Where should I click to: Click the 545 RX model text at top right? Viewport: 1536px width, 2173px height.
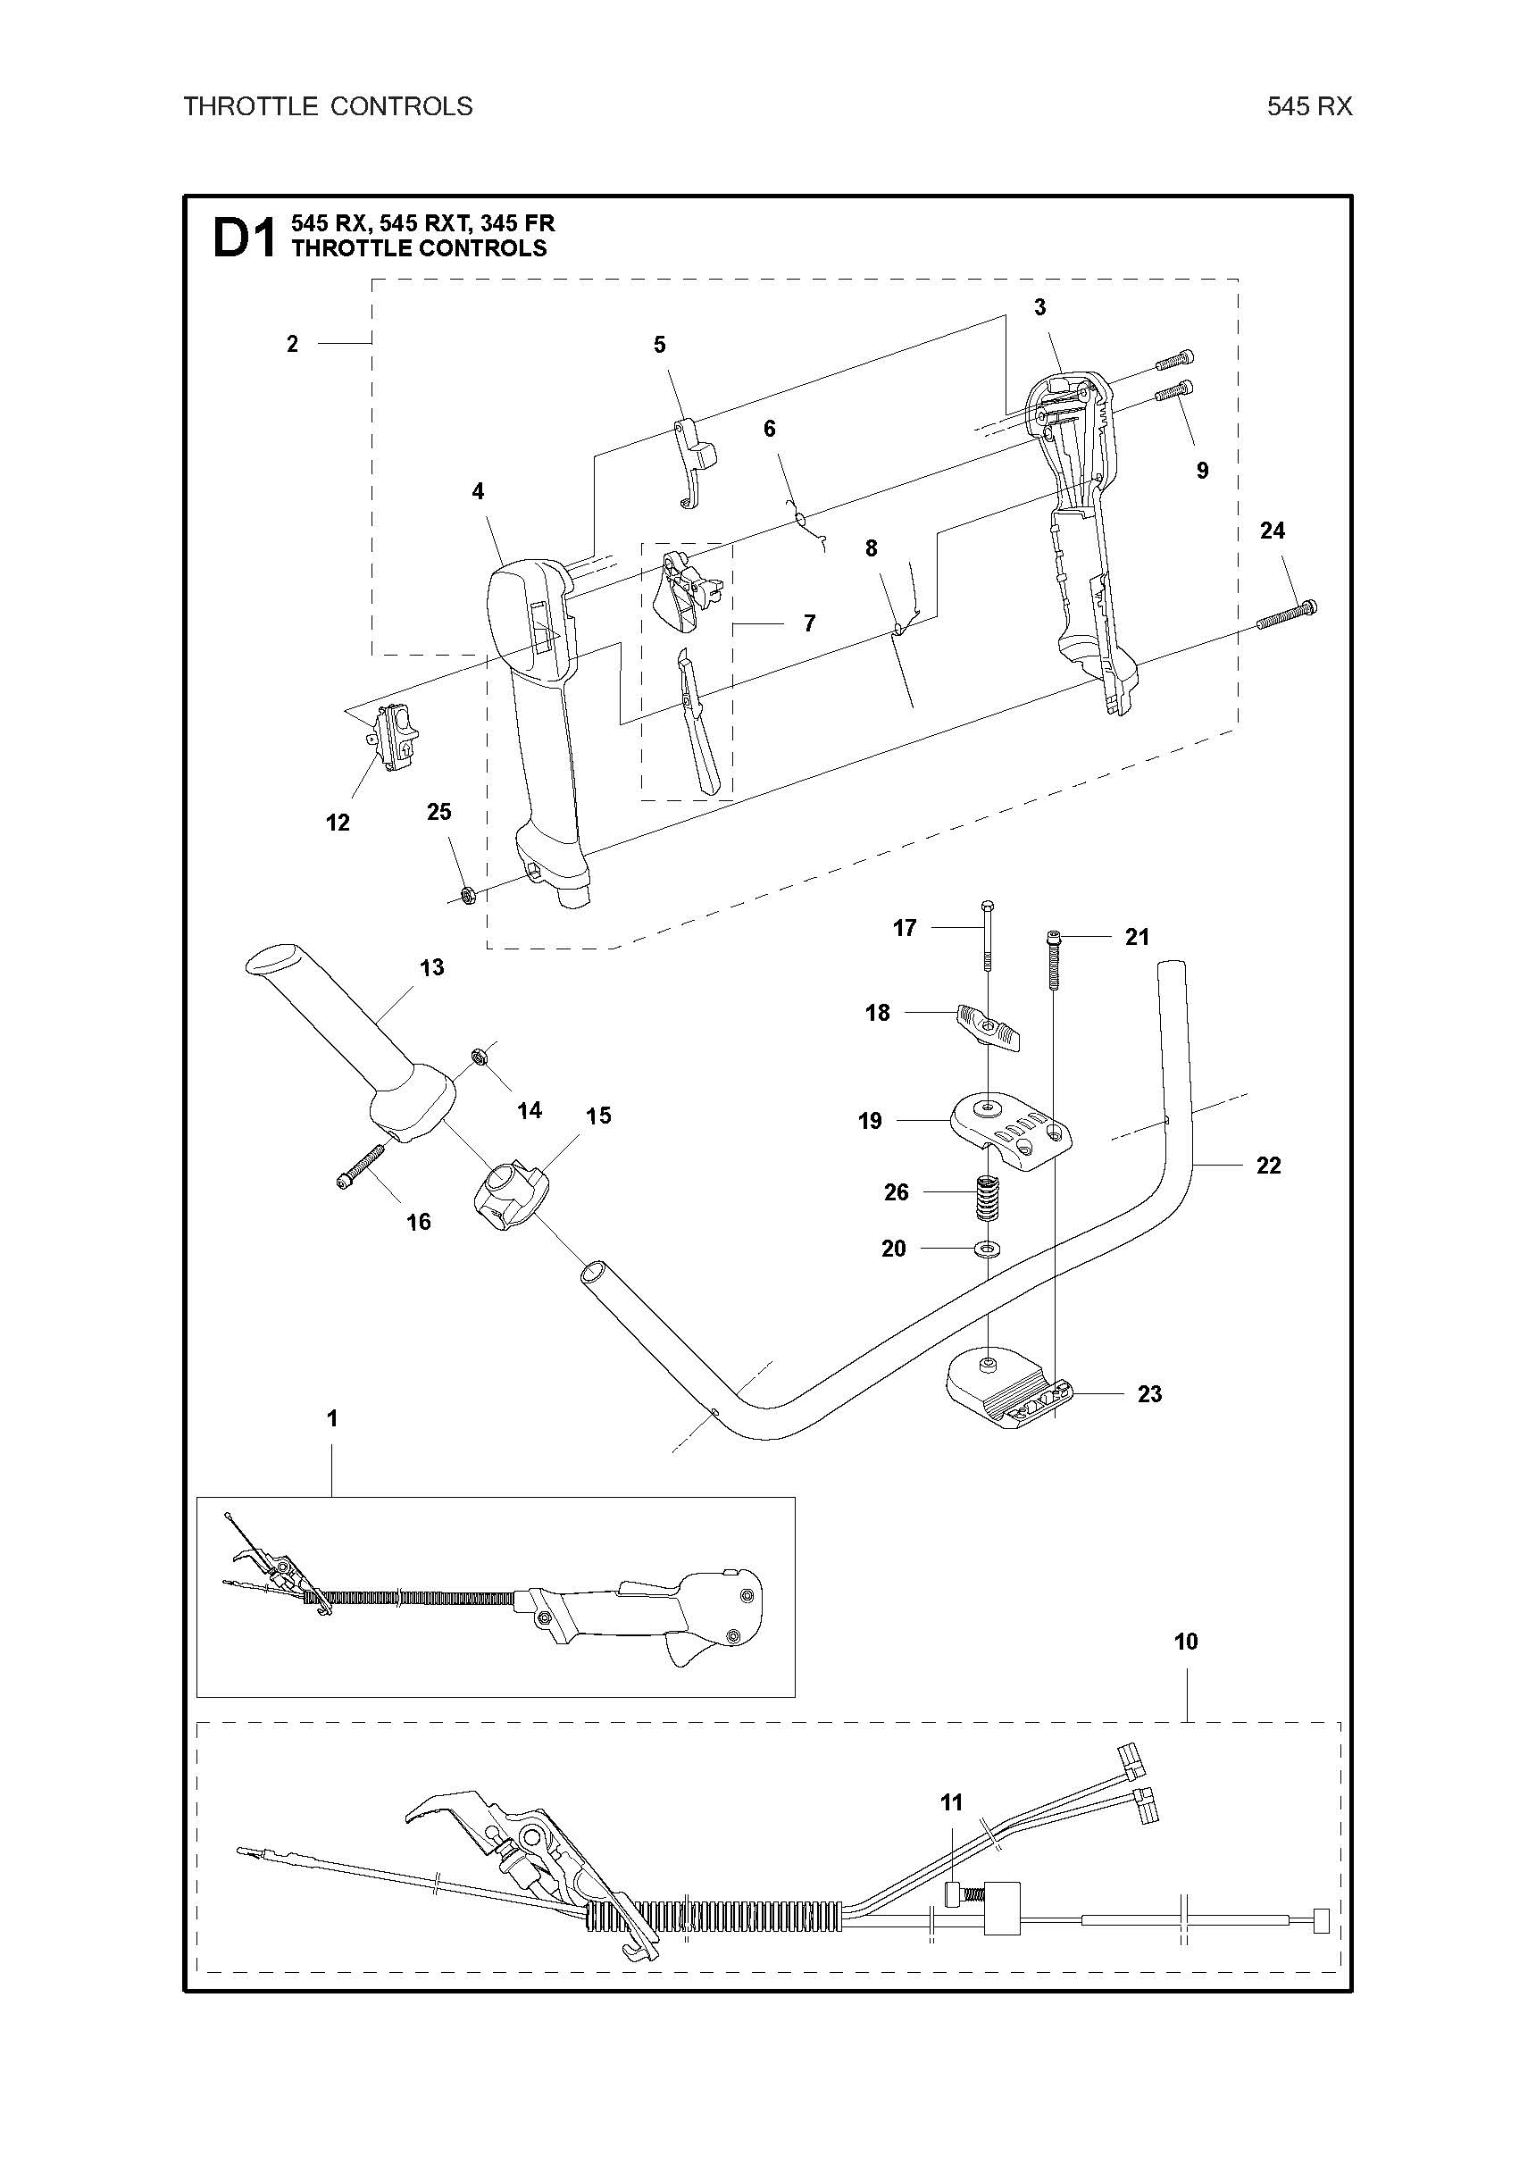point(1310,107)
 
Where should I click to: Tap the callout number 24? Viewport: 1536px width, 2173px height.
point(1272,530)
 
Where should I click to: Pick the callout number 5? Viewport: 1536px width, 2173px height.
point(660,345)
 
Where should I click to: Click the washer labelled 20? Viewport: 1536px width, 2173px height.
point(988,1249)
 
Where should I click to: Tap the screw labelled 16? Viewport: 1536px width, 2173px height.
point(362,1165)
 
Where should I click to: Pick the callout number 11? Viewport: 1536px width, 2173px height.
point(951,1803)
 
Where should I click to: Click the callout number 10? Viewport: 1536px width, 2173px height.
point(1186,1641)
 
